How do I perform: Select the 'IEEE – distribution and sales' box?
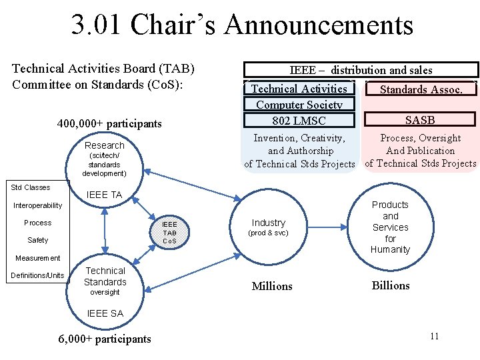click(x=361, y=70)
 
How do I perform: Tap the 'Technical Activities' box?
click(x=299, y=89)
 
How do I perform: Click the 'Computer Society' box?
click(x=299, y=104)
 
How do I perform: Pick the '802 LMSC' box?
click(x=299, y=120)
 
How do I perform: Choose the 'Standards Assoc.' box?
click(x=421, y=89)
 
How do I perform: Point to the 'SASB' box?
click(x=420, y=120)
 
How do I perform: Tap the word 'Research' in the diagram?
click(x=104, y=145)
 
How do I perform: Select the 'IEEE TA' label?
click(x=105, y=195)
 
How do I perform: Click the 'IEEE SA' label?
click(x=105, y=313)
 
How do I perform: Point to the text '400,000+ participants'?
click(x=109, y=123)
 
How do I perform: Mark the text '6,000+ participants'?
click(x=105, y=339)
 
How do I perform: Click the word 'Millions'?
click(x=272, y=286)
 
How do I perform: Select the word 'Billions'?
click(x=391, y=285)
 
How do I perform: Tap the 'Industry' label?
click(x=268, y=223)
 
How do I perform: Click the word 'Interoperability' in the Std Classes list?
click(x=37, y=205)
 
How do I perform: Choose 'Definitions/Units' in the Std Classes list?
click(x=37, y=275)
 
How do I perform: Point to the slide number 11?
click(x=434, y=336)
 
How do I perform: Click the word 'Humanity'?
click(x=391, y=249)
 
